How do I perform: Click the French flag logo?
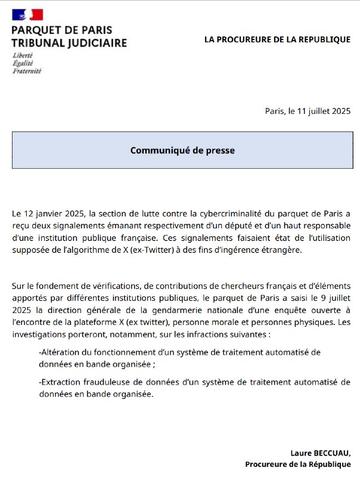point(27,15)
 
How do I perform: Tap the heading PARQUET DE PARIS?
point(62,30)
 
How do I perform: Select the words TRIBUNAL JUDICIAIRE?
point(69,43)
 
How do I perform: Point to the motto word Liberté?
point(23,55)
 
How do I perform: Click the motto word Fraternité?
point(27,70)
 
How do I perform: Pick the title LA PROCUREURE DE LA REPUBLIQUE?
point(277,39)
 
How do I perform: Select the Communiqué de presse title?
point(182,150)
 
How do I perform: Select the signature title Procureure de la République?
point(298,464)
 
